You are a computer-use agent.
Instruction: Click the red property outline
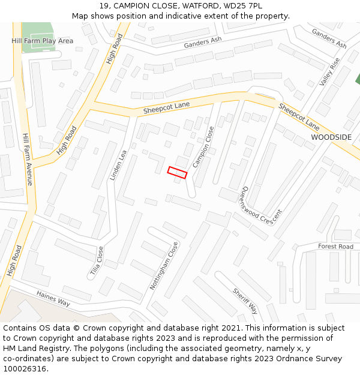[177, 172]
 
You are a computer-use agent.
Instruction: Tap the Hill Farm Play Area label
[42, 41]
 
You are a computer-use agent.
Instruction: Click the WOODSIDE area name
[331, 137]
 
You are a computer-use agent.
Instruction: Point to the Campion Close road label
[203, 148]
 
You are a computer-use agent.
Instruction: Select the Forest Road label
[335, 247]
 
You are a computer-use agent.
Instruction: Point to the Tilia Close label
[97, 262]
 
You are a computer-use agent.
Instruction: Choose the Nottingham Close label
[164, 266]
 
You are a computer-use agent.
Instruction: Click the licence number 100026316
[25, 368]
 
